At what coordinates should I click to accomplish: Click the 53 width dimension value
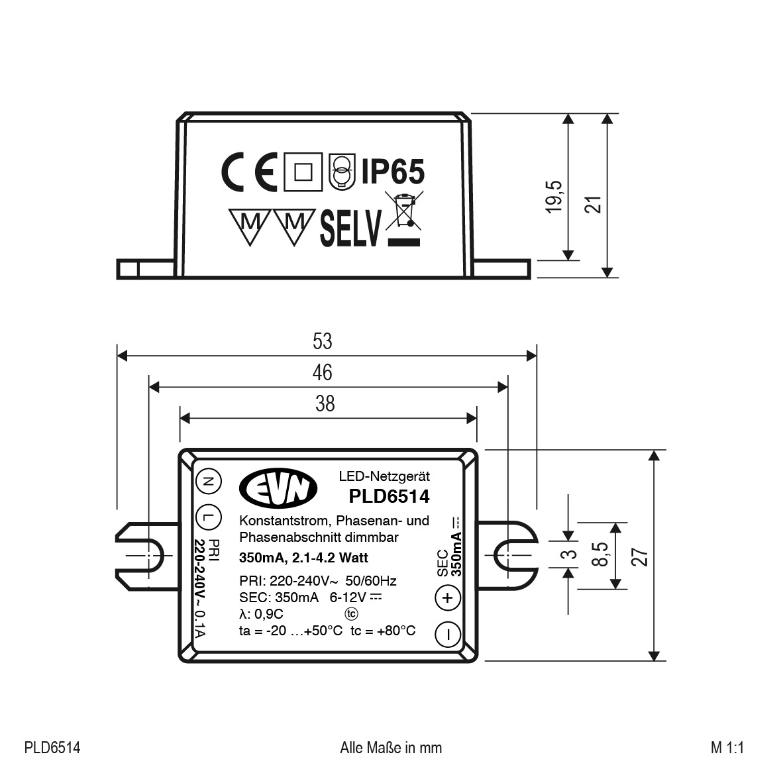click(323, 341)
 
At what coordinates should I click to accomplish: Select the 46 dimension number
click(323, 372)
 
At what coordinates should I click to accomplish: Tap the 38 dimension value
click(325, 403)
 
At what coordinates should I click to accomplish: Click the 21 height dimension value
click(593, 204)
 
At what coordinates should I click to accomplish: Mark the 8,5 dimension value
click(600, 554)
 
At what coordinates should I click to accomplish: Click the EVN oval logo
click(278, 488)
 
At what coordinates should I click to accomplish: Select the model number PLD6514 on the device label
click(389, 496)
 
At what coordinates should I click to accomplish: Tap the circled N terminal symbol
click(208, 482)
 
